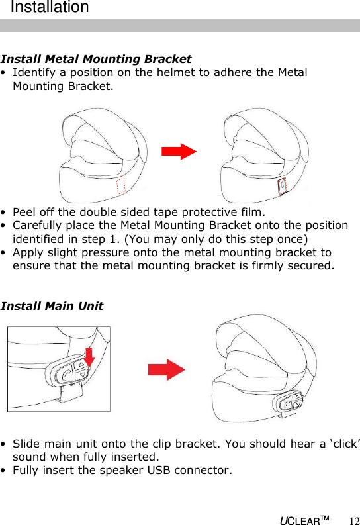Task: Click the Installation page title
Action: pyautogui.click(x=50, y=8)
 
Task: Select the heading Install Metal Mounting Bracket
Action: pyautogui.click(x=97, y=60)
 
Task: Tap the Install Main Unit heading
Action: pyautogui.click(x=52, y=306)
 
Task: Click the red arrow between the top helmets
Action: pyautogui.click(x=179, y=151)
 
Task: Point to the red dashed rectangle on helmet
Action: pyautogui.click(x=120, y=187)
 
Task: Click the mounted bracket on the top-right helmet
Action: pyautogui.click(x=282, y=187)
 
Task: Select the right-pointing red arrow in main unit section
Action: pyautogui.click(x=166, y=369)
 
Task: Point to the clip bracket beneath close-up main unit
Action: pyautogui.click(x=70, y=396)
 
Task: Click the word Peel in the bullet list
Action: pyautogui.click(x=24, y=212)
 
